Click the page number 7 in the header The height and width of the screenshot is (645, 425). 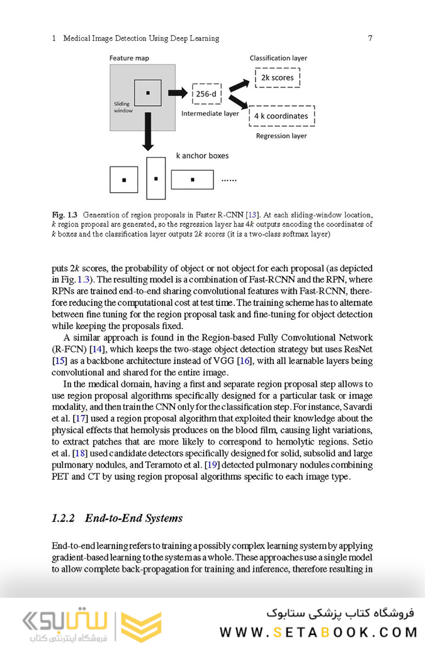[x=370, y=38]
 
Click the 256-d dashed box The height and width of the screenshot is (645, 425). [x=207, y=94]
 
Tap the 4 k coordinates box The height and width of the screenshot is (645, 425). [x=281, y=116]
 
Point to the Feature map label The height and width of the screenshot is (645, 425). [x=129, y=58]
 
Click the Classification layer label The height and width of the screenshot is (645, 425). [x=278, y=58]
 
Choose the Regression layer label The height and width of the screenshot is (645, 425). [x=281, y=136]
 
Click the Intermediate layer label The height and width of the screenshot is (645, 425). [x=210, y=114]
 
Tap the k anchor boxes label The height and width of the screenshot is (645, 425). [x=201, y=155]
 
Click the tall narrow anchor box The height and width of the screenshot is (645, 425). [x=156, y=178]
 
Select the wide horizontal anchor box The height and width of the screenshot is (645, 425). [x=192, y=180]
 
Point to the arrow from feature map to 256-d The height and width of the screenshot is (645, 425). [x=178, y=93]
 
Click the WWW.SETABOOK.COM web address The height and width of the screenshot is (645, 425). [x=318, y=632]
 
